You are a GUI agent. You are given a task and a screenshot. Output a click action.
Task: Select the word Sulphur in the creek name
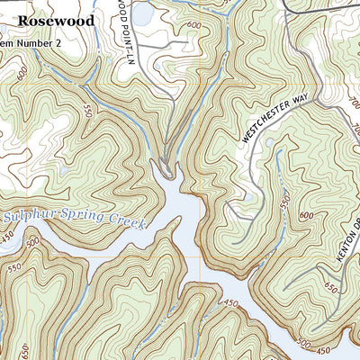pos(31,217)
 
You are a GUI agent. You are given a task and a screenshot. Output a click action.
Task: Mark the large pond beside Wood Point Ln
pos(141,13)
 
